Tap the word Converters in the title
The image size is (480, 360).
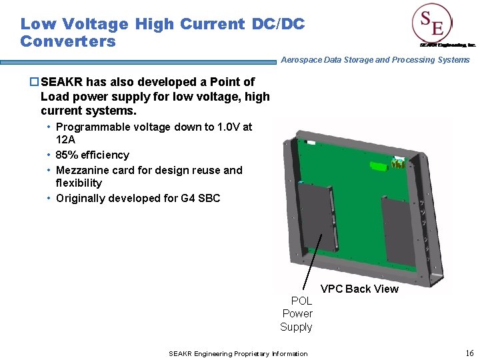pyautogui.click(x=68, y=41)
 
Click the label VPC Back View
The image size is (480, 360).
pyautogui.click(x=359, y=289)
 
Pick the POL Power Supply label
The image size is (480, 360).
pyautogui.click(x=297, y=313)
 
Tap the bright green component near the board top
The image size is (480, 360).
pyautogui.click(x=399, y=163)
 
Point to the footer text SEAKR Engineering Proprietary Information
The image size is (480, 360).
pyautogui.click(x=238, y=353)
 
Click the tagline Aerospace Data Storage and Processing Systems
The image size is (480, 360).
pyautogui.click(x=375, y=60)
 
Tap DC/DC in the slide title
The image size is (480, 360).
pyautogui.click(x=278, y=24)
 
